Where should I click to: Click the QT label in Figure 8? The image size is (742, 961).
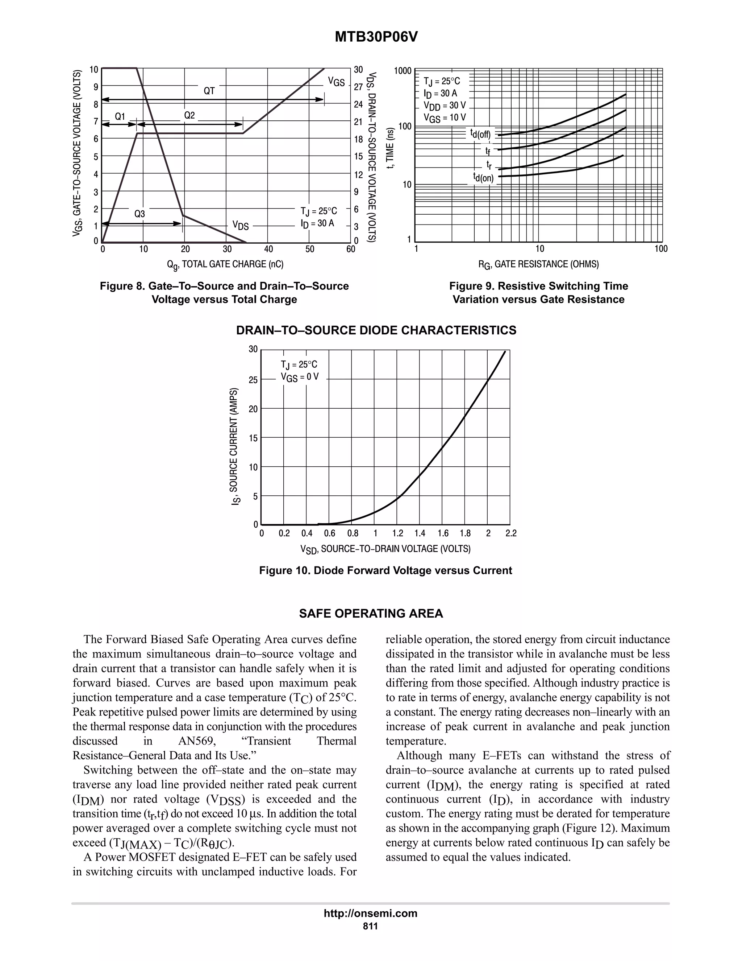[x=209, y=91]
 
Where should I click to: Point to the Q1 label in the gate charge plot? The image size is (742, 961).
[x=120, y=117]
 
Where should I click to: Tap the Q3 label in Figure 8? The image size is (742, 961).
[x=139, y=214]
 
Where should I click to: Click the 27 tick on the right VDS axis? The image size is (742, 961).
[x=358, y=87]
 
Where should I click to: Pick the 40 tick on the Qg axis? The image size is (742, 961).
[x=268, y=249]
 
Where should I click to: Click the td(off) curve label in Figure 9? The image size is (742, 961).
[x=480, y=134]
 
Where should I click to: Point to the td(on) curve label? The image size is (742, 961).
[x=483, y=177]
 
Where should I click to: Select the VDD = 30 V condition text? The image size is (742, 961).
[x=445, y=106]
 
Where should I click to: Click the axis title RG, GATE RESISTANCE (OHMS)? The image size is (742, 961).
[x=538, y=264]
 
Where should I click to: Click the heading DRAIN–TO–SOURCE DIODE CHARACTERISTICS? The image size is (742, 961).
[x=376, y=330]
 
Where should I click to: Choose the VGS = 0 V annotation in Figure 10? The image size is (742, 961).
[x=299, y=377]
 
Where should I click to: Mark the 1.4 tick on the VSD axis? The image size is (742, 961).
[x=420, y=534]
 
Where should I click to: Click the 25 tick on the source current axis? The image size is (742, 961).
[x=253, y=380]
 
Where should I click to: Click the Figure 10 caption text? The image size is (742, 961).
[x=385, y=571]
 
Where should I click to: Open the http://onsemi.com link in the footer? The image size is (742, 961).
[x=371, y=913]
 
